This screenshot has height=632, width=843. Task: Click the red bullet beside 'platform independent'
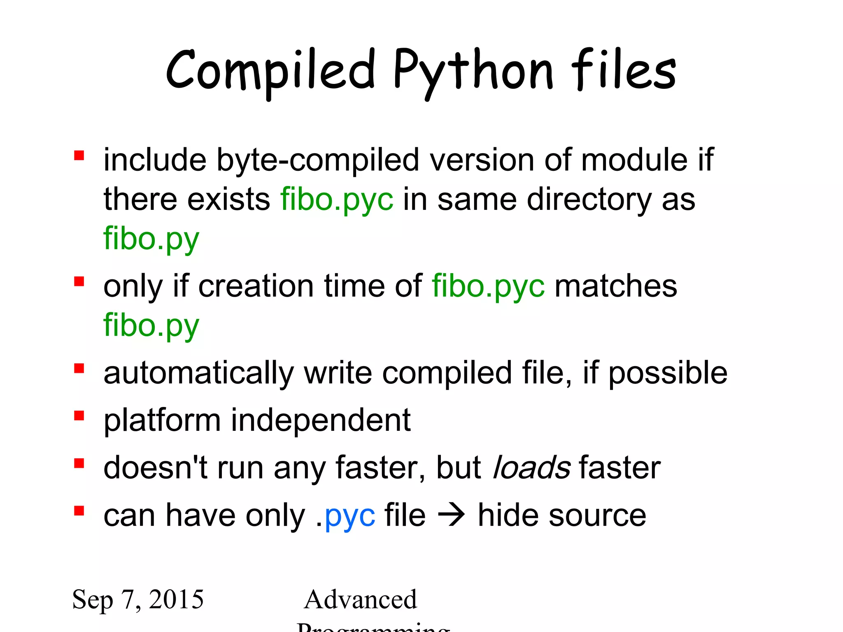tap(79, 416)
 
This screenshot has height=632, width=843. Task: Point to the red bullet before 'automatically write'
tap(79, 368)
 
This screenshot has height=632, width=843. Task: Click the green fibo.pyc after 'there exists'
tap(337, 200)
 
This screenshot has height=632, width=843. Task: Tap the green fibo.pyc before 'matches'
tap(488, 286)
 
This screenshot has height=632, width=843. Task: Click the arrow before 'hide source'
tap(452, 516)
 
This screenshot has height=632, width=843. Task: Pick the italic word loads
tap(531, 468)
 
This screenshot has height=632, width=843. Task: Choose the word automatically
tap(198, 373)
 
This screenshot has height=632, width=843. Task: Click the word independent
tap(321, 421)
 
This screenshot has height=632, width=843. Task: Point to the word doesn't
tap(155, 468)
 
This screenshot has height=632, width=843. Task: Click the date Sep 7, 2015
tap(138, 599)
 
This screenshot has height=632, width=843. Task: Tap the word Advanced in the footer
tap(360, 599)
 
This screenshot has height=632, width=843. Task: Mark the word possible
tap(668, 373)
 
